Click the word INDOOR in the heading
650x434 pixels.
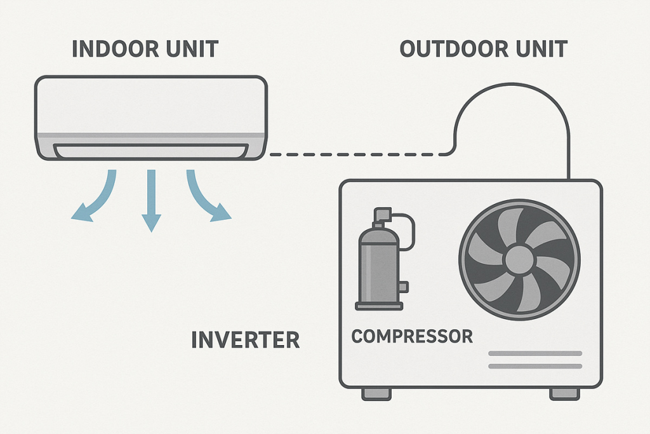click(111, 49)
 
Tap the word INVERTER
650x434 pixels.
click(245, 340)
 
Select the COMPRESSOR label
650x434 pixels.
click(412, 336)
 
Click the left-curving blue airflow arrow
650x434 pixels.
click(95, 198)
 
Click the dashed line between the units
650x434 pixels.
click(355, 153)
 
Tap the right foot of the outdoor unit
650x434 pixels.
click(564, 394)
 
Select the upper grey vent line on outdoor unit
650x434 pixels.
click(535, 353)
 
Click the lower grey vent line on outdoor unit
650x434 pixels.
click(535, 366)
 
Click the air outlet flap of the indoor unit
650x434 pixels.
click(150, 151)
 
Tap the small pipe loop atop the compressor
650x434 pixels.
click(402, 226)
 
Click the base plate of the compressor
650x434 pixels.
click(378, 306)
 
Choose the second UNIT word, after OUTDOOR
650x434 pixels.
click(539, 49)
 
